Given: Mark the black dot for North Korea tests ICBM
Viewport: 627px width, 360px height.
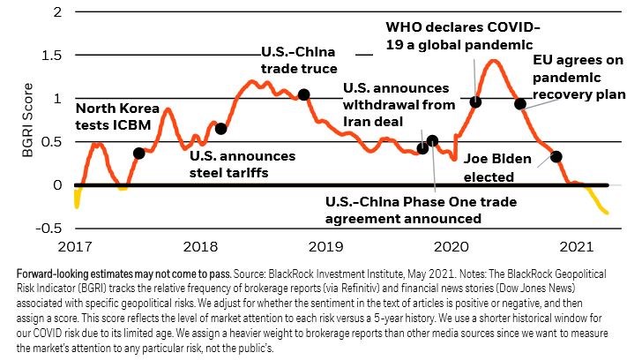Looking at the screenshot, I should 138,154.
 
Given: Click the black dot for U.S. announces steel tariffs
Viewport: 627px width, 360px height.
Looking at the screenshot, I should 220,129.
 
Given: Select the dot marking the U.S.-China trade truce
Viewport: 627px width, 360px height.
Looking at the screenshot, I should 303,94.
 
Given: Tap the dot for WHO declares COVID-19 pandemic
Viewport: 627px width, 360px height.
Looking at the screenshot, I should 476,102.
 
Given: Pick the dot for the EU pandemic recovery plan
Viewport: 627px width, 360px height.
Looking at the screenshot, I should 520,104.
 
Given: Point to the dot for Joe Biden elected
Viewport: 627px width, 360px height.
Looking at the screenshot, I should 556,157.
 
